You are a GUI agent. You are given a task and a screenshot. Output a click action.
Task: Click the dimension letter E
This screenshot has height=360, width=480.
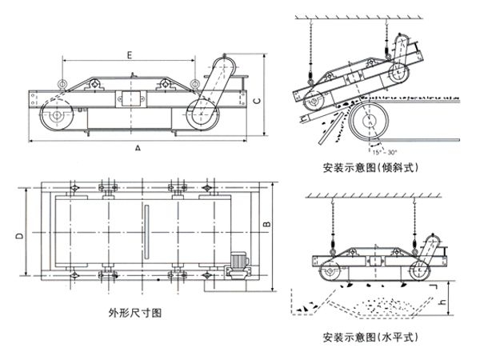[129, 55]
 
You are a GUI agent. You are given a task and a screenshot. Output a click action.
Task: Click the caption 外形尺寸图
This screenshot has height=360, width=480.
[134, 314]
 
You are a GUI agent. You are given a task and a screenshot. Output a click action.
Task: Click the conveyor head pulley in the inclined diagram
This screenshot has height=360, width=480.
[369, 122]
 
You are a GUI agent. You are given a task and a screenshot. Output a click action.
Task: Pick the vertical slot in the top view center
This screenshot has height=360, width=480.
[147, 233]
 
